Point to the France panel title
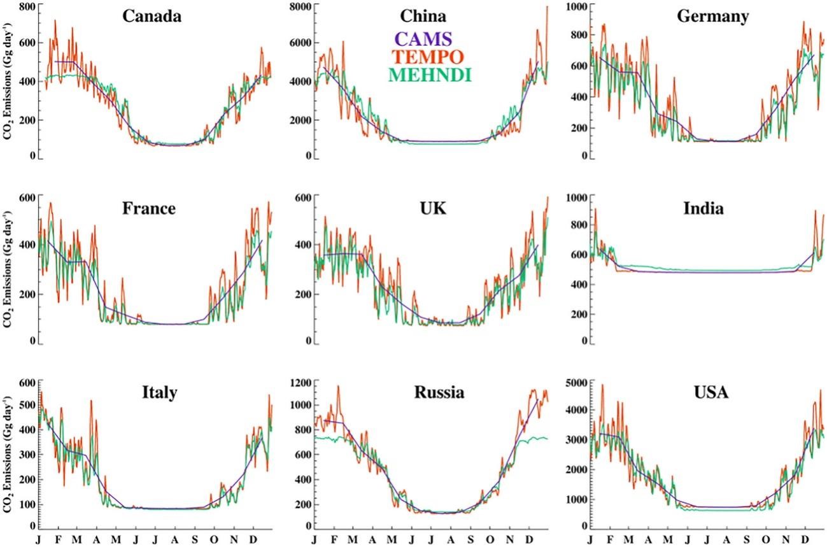point(150,208)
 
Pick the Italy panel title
point(159,393)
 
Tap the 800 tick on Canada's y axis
point(26,6)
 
